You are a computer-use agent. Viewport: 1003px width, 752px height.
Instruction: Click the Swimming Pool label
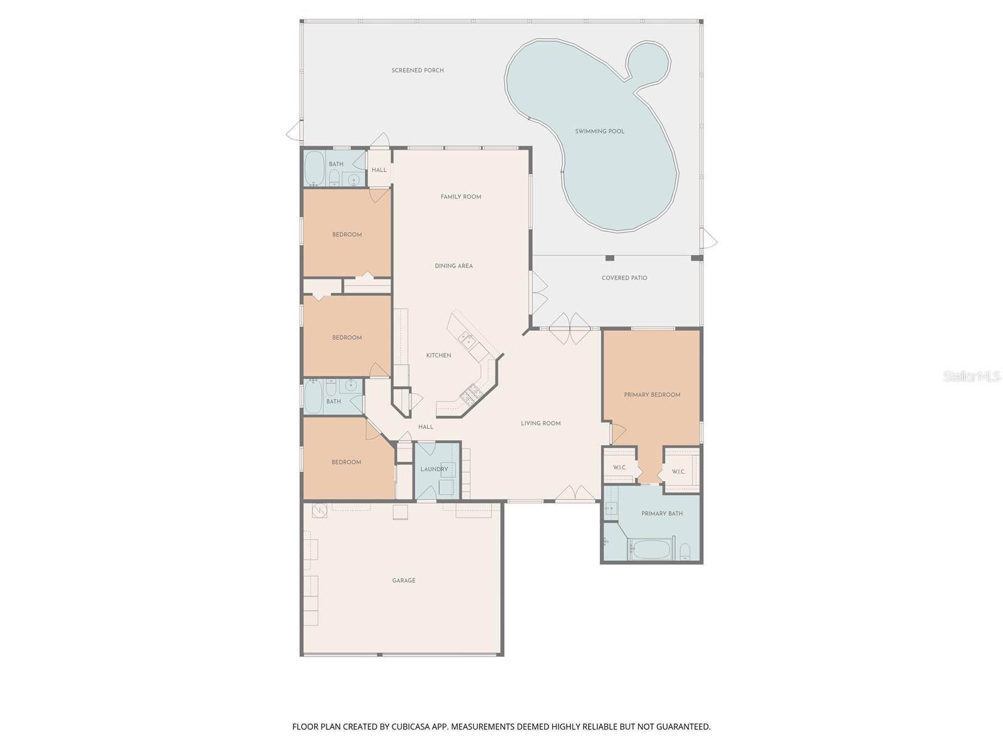[x=600, y=132]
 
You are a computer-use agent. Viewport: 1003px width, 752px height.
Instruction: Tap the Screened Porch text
[x=417, y=71]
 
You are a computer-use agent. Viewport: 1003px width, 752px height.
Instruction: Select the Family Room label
[x=461, y=197]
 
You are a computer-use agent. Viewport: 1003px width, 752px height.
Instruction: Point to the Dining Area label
[x=454, y=266]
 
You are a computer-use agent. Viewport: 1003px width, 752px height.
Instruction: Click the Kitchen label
[x=439, y=355]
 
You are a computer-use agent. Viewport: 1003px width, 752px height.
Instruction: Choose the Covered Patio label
[x=624, y=278]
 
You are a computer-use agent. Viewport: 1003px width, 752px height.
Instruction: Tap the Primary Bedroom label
[x=652, y=395]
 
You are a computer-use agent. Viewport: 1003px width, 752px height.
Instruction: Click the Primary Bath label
[x=662, y=514]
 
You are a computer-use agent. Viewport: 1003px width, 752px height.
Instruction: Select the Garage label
[x=404, y=581]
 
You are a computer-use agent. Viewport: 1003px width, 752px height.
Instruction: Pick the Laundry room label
[x=434, y=469]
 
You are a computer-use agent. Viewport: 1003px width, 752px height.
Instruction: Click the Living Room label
[x=540, y=424]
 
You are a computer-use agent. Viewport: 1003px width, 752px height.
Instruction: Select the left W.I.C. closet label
[x=619, y=467]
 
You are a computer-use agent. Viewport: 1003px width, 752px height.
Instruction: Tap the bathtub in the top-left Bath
[x=314, y=169]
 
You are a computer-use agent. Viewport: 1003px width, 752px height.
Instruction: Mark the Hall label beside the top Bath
[x=379, y=170]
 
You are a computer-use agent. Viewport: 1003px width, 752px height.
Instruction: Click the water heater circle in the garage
[x=319, y=511]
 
